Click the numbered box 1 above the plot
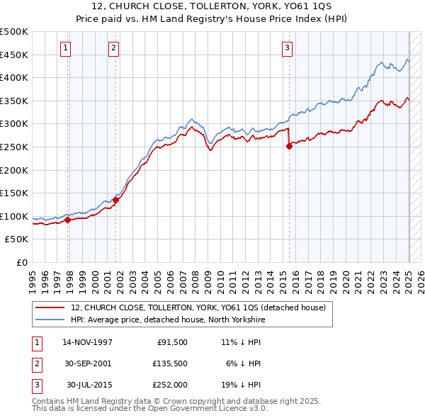coord(65,48)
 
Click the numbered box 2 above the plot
coord(113,48)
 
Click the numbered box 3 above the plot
coord(287,48)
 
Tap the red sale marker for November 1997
coord(68,220)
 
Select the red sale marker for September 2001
coord(115,200)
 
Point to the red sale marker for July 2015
coord(289,146)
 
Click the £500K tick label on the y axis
coord(14,32)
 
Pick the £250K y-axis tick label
coord(14,147)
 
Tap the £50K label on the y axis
coord(17,239)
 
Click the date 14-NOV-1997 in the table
coord(87,342)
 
